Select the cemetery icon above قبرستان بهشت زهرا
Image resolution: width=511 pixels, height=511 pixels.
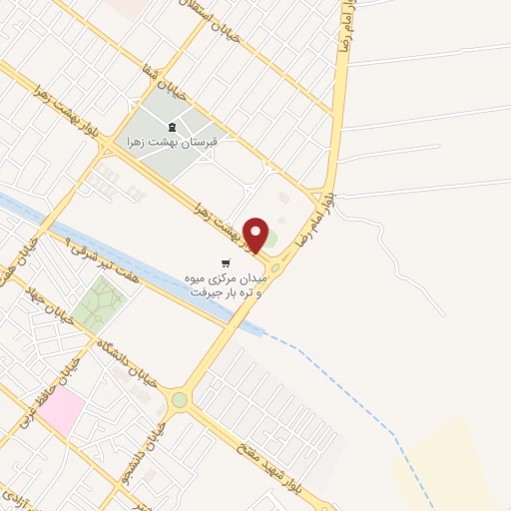point(170,127)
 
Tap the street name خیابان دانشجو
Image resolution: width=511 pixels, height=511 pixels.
point(150,439)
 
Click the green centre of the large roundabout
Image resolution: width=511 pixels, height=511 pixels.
point(179,400)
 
